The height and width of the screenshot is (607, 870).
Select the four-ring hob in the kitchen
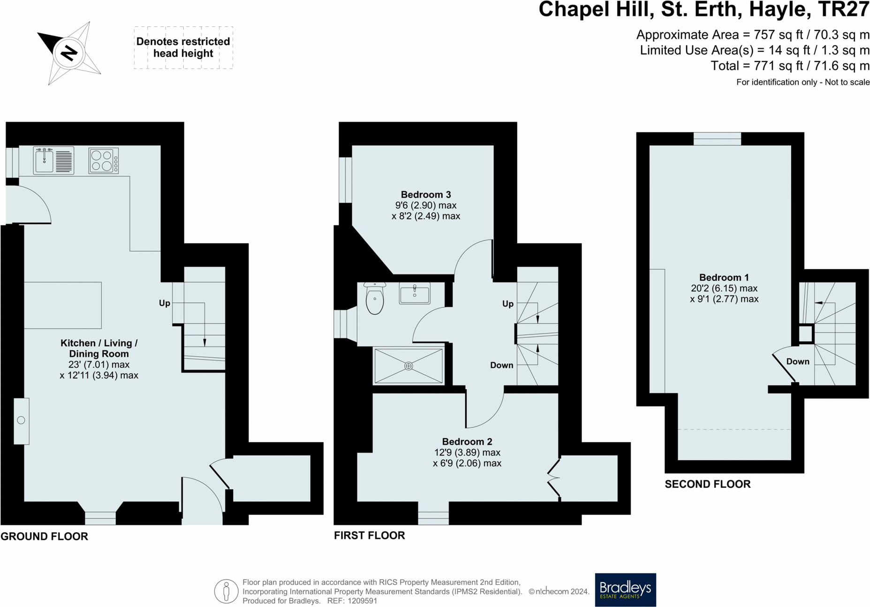(x=104, y=160)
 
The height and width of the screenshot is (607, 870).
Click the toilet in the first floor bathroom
(x=375, y=298)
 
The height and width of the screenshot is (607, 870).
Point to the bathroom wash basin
(x=415, y=293)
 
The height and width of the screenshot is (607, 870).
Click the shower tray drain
(x=409, y=366)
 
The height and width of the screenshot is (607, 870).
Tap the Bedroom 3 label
(x=426, y=195)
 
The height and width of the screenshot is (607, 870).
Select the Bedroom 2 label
(x=467, y=441)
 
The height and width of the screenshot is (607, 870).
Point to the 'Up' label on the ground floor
(x=165, y=303)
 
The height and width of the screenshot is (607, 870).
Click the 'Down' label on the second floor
(x=798, y=361)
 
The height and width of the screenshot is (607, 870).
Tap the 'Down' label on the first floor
(x=501, y=365)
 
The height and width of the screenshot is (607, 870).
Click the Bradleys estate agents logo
(x=626, y=590)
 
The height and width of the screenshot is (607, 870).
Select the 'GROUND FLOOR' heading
(x=44, y=536)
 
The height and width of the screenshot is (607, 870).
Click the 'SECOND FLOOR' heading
(x=708, y=484)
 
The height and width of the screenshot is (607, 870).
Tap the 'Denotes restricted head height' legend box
(x=183, y=47)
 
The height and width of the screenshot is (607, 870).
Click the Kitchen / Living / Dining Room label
(x=99, y=349)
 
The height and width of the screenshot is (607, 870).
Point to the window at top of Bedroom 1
(x=717, y=139)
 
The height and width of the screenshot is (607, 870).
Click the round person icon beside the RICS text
(x=226, y=591)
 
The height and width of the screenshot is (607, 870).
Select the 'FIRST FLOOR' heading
(x=370, y=535)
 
